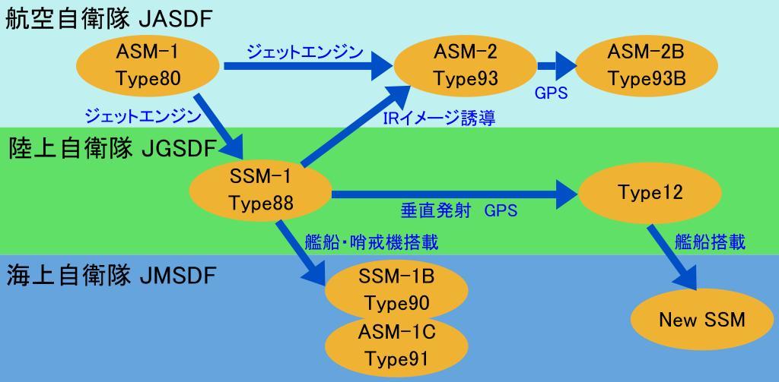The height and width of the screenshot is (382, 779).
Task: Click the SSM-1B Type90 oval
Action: pos(396,289)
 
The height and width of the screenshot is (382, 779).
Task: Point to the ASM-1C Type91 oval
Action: pos(396,346)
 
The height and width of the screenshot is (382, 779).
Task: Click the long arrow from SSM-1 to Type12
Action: pos(449,194)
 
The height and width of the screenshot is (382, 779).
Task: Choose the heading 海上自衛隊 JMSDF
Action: pos(111,274)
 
